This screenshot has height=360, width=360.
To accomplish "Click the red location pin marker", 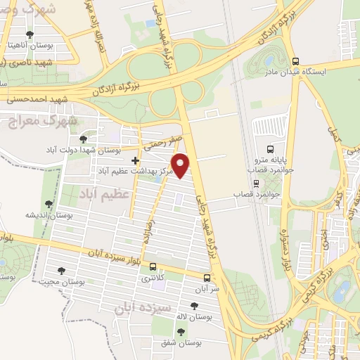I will pyautogui.click(x=182, y=165).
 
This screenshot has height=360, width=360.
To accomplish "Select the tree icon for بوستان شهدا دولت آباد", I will pyautogui.click(x=84, y=139).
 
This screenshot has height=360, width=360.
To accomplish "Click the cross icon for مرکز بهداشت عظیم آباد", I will pyautogui.click(x=135, y=161).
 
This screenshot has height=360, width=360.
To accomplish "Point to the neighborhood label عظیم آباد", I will pyautogui.click(x=104, y=192).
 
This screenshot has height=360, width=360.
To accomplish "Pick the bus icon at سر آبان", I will pyautogui.click(x=207, y=278).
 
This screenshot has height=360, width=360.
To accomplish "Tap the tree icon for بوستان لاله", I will pyautogui.click(x=194, y=305).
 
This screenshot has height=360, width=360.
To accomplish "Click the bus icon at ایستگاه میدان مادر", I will pyautogui.click(x=295, y=62).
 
